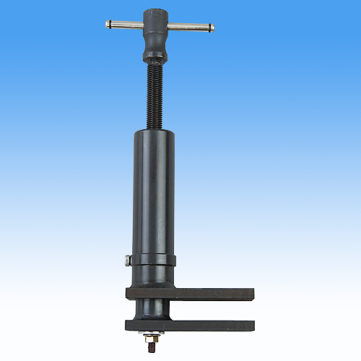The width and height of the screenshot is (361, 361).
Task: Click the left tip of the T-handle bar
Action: (108, 24)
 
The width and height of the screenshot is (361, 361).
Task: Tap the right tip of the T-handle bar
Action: (212, 28)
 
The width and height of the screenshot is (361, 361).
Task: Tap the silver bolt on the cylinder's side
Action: (127, 260)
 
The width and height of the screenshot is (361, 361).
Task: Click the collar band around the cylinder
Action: (153, 259)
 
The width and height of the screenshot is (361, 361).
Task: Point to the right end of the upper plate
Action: (252, 294)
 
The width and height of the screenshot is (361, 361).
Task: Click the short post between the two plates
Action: (152, 309)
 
